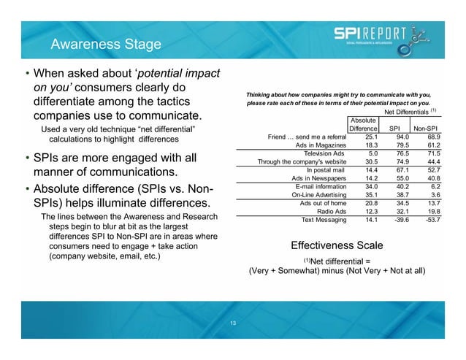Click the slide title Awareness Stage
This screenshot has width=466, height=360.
pos(104,47)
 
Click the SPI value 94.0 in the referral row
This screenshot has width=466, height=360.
pos(400,137)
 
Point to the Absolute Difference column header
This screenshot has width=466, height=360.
pos(363,124)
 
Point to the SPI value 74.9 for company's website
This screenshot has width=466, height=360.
pos(400,161)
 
